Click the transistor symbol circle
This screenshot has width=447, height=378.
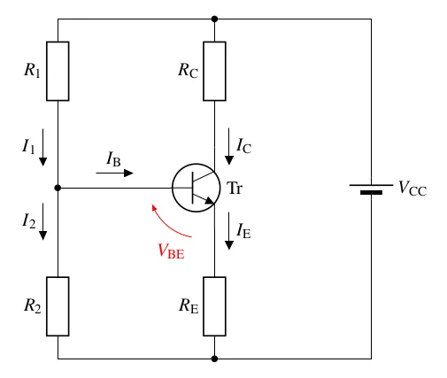173,188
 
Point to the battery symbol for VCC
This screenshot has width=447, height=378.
371,189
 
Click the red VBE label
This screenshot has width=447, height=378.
171,251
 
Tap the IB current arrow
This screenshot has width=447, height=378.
114,173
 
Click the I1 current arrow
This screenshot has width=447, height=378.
43,147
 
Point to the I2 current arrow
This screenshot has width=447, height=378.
43,221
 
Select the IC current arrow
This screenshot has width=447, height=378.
229,146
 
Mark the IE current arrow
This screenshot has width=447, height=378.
229,231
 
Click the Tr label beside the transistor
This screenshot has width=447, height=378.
235,188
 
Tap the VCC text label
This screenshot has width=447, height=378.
412,189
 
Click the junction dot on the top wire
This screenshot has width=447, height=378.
214,19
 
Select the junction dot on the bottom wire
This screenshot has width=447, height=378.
214,359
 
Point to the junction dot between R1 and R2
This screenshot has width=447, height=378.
58,188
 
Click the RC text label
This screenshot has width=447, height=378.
189,70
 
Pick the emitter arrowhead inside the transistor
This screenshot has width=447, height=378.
209,201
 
